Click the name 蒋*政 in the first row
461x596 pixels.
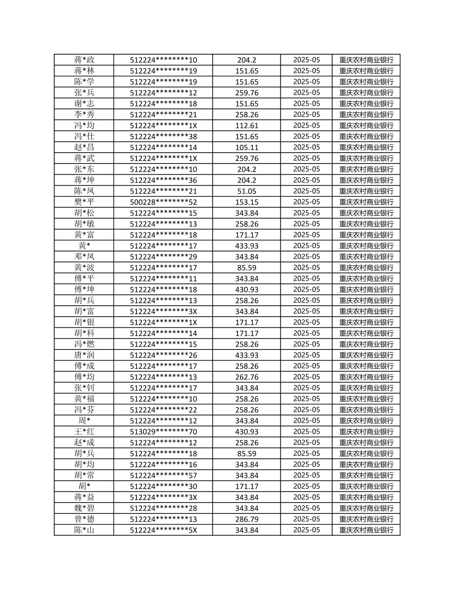tap(84, 60)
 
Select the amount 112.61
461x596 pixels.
tap(247, 126)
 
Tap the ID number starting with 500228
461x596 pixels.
tap(163, 202)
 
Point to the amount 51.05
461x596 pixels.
tap(247, 191)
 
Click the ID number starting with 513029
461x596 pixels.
tap(163, 432)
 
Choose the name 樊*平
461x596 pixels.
tap(84, 202)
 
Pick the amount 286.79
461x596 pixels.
tap(247, 519)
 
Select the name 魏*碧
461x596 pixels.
tap(84, 508)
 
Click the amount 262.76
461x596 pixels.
tap(247, 377)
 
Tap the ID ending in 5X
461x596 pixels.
tap(163, 530)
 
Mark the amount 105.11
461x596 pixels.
tap(247, 148)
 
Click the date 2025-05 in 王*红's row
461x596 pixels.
tap(306, 432)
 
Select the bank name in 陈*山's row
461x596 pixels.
tap(366, 530)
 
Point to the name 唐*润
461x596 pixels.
tap(84, 355)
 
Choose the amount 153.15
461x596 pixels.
tap(247, 202)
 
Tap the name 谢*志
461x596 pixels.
tap(84, 104)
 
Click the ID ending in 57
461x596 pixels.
tap(163, 475)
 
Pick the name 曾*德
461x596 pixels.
tap(84, 519)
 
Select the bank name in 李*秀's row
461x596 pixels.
tap(366, 115)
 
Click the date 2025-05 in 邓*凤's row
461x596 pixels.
tap(306, 257)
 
